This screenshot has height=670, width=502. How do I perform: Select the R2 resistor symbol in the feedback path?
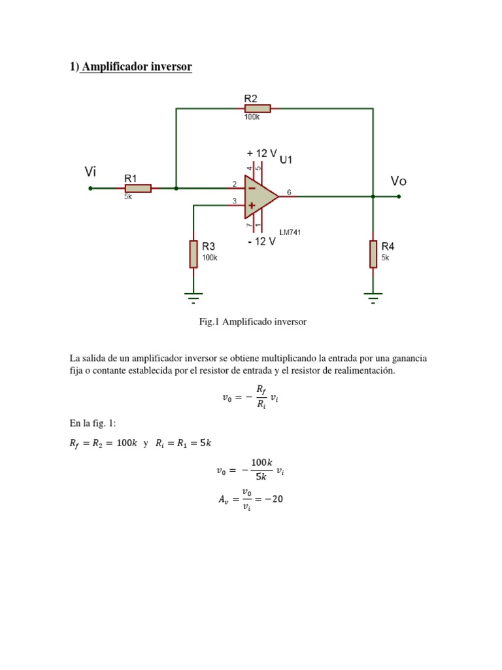click(258, 109)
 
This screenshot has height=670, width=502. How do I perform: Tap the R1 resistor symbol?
click(138, 188)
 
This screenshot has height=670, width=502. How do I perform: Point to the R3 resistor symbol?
click(193, 254)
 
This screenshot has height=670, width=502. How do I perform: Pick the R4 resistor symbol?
click(373, 254)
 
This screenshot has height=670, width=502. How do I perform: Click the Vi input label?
click(91, 171)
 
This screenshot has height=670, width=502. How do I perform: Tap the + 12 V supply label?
click(262, 153)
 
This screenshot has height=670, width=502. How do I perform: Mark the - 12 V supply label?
click(262, 241)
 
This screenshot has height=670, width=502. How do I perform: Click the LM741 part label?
click(290, 232)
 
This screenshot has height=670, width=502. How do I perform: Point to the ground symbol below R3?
click(193, 298)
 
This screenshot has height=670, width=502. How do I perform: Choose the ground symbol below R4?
click(373, 298)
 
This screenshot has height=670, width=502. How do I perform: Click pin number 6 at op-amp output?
click(289, 192)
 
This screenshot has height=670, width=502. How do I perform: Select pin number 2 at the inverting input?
click(234, 185)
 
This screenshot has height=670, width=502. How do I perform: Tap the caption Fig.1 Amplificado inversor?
click(253, 322)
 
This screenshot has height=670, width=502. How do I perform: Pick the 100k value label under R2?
click(252, 118)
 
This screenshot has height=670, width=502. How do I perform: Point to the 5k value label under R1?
click(128, 197)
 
